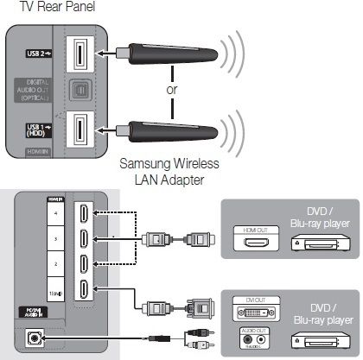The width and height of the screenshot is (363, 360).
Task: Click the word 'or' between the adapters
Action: coord(172,89)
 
